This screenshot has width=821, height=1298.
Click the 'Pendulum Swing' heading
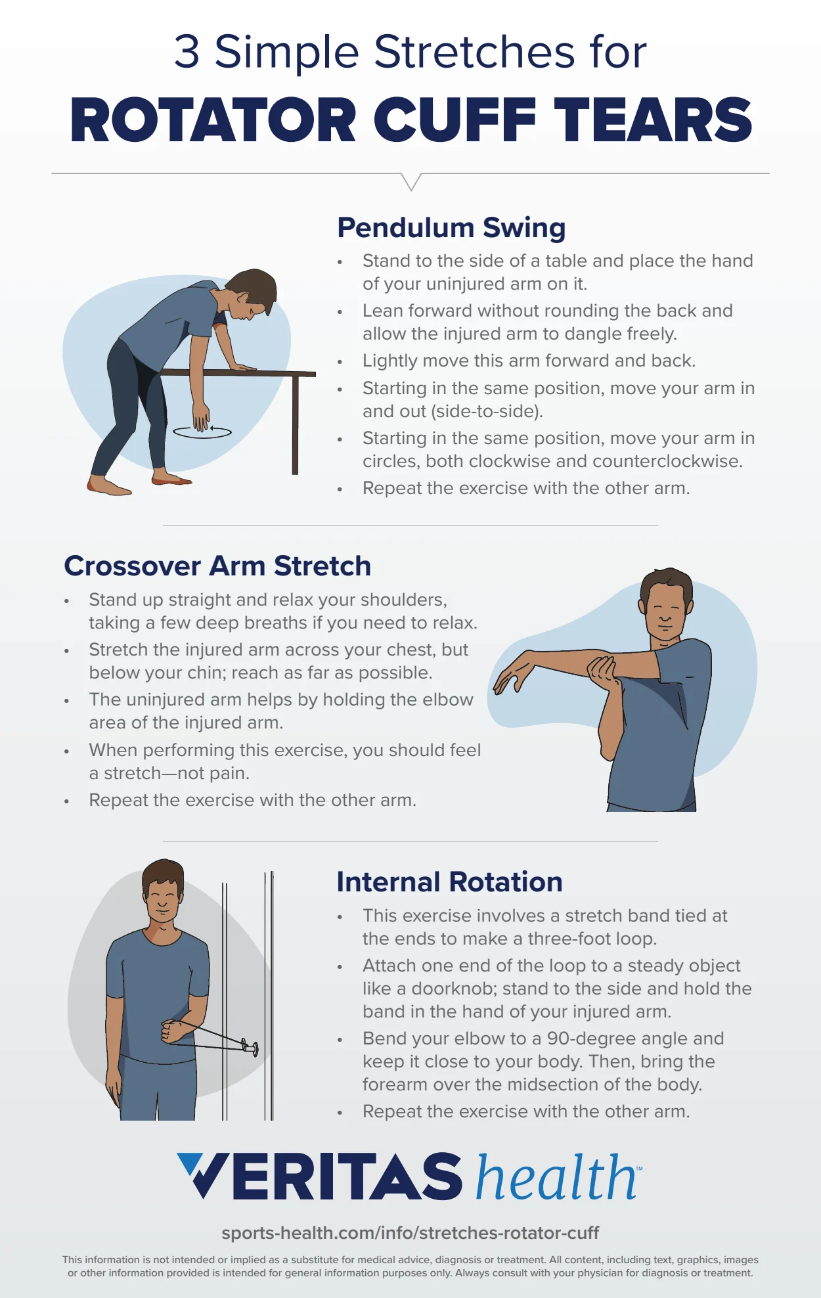(x=451, y=228)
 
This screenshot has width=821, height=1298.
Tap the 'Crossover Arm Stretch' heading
(x=217, y=566)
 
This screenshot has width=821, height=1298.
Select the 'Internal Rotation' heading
(x=449, y=882)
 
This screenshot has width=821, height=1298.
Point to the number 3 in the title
(x=187, y=52)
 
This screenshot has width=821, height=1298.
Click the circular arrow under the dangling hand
(x=202, y=432)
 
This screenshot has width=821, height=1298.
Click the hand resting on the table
(x=244, y=368)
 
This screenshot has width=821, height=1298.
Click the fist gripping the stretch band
(x=173, y=1031)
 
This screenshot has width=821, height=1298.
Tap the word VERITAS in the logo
(x=320, y=1176)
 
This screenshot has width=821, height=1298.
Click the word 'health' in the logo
(x=556, y=1177)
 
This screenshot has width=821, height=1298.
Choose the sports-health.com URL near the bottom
(x=410, y=1232)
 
